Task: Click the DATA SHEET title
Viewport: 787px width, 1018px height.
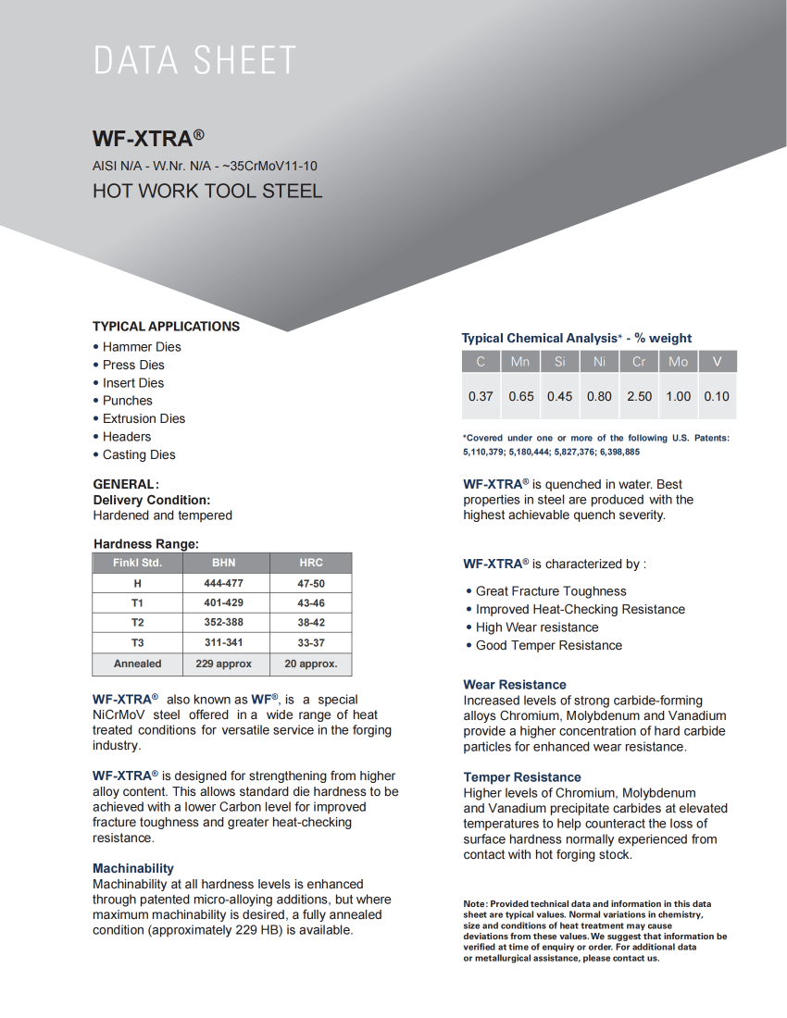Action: (194, 61)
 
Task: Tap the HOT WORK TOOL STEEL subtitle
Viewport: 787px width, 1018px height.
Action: (207, 192)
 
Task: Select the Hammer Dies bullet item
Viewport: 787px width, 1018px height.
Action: (142, 347)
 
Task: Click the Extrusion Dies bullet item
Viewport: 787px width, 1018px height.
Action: (144, 418)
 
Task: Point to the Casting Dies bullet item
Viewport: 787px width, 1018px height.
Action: (139, 454)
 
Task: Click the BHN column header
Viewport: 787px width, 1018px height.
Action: (224, 563)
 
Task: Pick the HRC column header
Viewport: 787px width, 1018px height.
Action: (311, 563)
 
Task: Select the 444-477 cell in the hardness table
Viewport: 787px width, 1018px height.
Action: (224, 583)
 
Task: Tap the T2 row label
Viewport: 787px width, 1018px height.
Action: (137, 623)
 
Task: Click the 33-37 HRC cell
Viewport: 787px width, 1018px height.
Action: (311, 643)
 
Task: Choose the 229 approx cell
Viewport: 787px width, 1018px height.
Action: (224, 664)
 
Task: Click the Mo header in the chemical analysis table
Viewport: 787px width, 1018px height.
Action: (679, 362)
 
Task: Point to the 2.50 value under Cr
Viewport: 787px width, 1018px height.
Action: (639, 396)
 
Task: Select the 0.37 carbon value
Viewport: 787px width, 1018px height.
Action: (481, 396)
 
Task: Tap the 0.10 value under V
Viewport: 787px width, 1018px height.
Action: (717, 396)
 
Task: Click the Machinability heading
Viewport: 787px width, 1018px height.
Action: (133, 868)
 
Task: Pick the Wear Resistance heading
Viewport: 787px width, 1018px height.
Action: (515, 685)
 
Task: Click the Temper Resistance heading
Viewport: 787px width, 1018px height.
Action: (522, 777)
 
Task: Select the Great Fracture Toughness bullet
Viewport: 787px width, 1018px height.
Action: (551, 591)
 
